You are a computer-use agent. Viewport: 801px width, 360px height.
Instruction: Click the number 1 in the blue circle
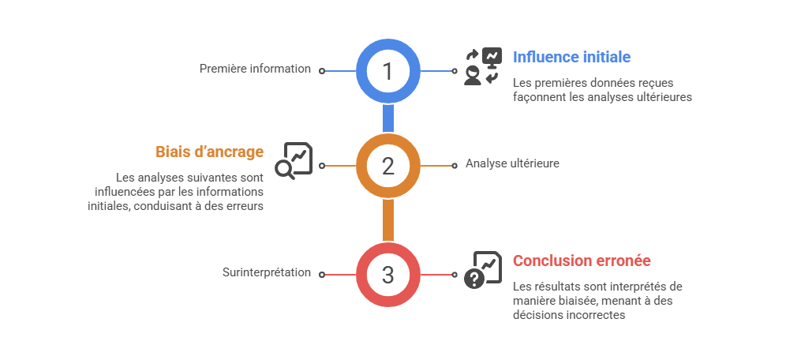coord(387,71)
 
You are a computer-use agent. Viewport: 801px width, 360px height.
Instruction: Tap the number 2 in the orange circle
coord(388,167)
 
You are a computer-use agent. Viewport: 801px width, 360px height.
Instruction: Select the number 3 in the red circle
coord(388,275)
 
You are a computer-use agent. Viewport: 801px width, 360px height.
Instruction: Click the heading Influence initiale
coord(571,57)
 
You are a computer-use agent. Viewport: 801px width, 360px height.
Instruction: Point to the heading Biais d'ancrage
coord(209,152)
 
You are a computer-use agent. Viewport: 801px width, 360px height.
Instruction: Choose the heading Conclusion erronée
coord(582,261)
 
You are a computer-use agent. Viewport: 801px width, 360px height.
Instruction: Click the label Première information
coord(255,69)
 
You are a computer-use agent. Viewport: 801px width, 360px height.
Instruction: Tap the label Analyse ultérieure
coord(512,163)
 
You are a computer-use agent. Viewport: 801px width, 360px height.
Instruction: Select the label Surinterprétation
coord(267,272)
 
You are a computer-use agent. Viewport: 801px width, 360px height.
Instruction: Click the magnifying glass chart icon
coord(294,160)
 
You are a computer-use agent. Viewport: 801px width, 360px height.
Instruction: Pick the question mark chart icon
coord(483,270)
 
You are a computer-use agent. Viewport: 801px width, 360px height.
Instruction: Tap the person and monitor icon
coord(483,66)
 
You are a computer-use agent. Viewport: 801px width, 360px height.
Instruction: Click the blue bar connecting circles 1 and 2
coord(388,118)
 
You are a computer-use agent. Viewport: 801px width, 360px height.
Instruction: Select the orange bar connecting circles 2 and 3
coord(388,220)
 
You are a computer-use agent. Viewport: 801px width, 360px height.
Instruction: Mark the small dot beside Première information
coord(322,71)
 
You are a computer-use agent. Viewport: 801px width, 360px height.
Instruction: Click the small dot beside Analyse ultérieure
coord(454,166)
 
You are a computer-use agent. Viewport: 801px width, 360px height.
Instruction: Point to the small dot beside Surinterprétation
coord(322,275)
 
